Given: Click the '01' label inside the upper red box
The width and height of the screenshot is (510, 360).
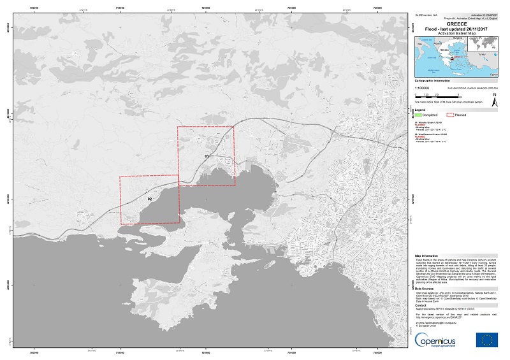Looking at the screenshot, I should (x=207, y=156).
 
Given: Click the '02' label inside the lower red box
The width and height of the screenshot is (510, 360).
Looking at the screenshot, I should (x=150, y=199).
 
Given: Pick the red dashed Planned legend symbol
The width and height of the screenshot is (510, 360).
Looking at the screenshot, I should (x=451, y=115).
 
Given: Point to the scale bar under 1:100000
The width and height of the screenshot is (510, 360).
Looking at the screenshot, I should (x=435, y=96).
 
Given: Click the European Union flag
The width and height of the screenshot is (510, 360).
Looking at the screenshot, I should (x=487, y=340).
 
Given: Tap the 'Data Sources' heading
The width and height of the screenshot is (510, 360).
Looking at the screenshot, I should (x=426, y=288).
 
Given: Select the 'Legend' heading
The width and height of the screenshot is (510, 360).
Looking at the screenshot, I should (x=420, y=109).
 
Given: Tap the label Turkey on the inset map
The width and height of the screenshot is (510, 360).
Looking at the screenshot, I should (x=482, y=55).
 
